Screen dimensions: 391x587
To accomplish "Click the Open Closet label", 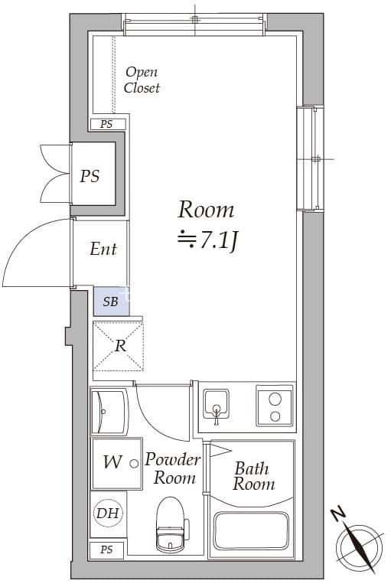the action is [142, 80].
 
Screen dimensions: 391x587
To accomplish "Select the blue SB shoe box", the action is [111, 302].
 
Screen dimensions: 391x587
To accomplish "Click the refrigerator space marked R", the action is [119, 346].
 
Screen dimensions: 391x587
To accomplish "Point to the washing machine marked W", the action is [117, 463].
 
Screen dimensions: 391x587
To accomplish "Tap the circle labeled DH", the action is [108, 513].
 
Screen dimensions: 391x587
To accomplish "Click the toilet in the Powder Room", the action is [171, 524].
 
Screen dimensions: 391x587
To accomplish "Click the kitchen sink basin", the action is [216, 404].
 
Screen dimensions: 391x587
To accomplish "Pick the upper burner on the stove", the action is [275, 399].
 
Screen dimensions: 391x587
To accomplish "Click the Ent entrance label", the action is [103, 249].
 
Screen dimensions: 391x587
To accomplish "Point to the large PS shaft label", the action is [90, 176].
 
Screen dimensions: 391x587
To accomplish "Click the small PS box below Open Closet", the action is [108, 124].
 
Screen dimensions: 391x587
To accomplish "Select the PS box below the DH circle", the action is [107, 549].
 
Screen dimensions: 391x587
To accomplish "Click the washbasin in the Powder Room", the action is [109, 412].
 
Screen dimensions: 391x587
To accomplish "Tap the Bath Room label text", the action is [254, 476].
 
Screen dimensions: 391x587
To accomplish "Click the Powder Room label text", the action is [172, 468].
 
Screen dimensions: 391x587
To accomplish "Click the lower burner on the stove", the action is [275, 416].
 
